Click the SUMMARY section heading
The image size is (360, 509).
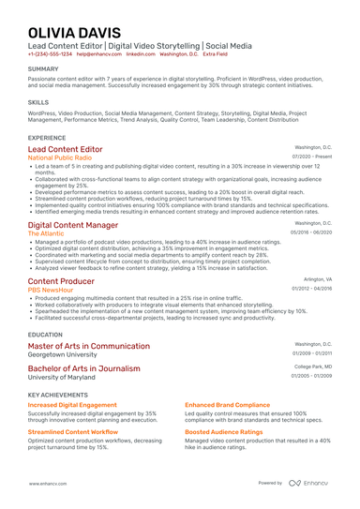(43, 69)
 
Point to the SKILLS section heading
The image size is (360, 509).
(38, 100)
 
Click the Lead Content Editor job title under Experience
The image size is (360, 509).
(66, 149)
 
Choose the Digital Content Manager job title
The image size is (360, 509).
(73, 225)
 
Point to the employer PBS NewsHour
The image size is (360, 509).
(50, 290)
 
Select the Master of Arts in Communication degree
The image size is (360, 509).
(89, 346)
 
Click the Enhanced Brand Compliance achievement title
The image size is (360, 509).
(229, 404)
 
